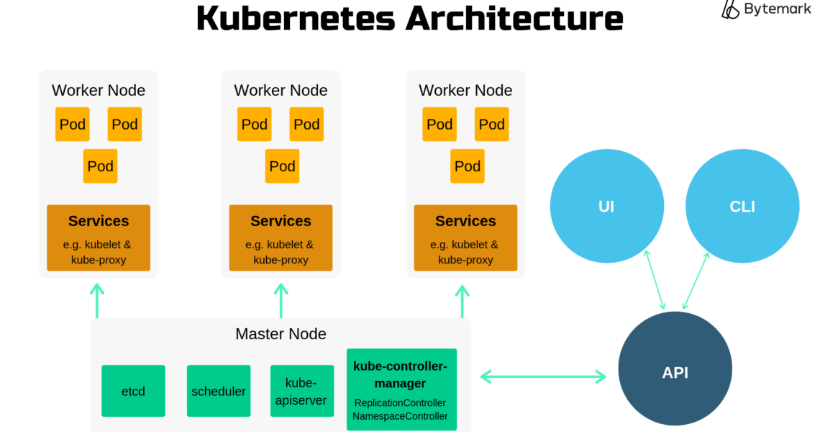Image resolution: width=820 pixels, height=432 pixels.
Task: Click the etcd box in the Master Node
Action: click(133, 391)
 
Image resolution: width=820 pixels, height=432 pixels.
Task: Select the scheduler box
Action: click(219, 391)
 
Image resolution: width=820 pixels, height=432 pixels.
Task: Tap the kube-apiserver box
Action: click(301, 391)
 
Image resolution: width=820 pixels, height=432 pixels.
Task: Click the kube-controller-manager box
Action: click(401, 390)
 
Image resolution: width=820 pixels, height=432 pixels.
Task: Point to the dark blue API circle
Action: click(675, 372)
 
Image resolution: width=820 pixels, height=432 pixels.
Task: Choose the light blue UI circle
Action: click(606, 207)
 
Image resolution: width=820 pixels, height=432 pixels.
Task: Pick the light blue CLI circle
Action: click(742, 207)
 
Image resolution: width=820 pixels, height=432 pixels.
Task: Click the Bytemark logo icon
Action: click(730, 9)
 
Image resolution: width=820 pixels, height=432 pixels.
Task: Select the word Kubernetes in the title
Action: click(296, 18)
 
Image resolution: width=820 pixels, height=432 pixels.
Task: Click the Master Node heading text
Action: click(281, 334)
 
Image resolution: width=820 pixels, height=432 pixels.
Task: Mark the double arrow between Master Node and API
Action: click(543, 376)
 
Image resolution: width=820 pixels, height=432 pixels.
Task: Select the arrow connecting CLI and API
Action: click(696, 281)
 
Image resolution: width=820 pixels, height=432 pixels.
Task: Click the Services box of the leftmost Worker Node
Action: click(99, 238)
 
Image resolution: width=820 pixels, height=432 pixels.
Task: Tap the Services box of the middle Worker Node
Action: click(281, 238)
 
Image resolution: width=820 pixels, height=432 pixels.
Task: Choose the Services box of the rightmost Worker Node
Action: click(465, 238)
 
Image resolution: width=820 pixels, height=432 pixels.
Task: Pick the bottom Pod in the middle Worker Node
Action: click(282, 166)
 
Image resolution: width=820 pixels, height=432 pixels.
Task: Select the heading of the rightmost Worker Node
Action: click(465, 91)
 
